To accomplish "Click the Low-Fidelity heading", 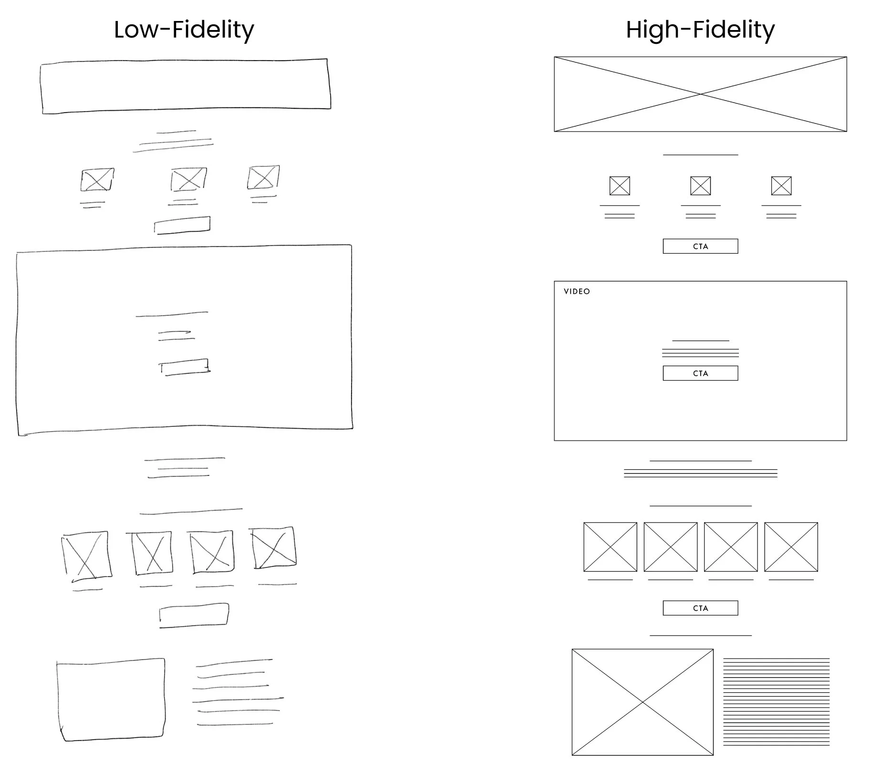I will [x=184, y=30].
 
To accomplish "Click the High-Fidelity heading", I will [x=700, y=30].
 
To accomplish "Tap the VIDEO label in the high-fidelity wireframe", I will [x=577, y=291].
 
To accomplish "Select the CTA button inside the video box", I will [x=700, y=373].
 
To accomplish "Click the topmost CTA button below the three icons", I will [x=700, y=247].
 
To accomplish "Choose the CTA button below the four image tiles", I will [x=700, y=608].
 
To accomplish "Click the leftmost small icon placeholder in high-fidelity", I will [x=620, y=186].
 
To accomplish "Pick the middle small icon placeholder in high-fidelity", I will [x=700, y=186].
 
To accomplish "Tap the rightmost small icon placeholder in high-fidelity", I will [x=781, y=186].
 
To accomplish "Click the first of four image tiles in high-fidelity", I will [x=610, y=547].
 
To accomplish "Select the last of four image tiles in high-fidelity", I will [x=791, y=547].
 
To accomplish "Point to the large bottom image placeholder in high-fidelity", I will [x=643, y=702].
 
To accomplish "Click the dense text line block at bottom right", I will [x=777, y=701].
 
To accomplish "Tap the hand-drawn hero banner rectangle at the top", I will [x=186, y=86].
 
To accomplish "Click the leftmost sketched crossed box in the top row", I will [x=97, y=180].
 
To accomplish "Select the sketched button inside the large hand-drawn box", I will [x=184, y=367].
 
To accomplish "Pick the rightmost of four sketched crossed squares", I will [x=273, y=548].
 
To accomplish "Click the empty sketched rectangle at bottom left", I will [x=111, y=700].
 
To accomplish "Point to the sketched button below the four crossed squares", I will [x=194, y=615].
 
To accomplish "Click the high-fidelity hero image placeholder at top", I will [x=700, y=94].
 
